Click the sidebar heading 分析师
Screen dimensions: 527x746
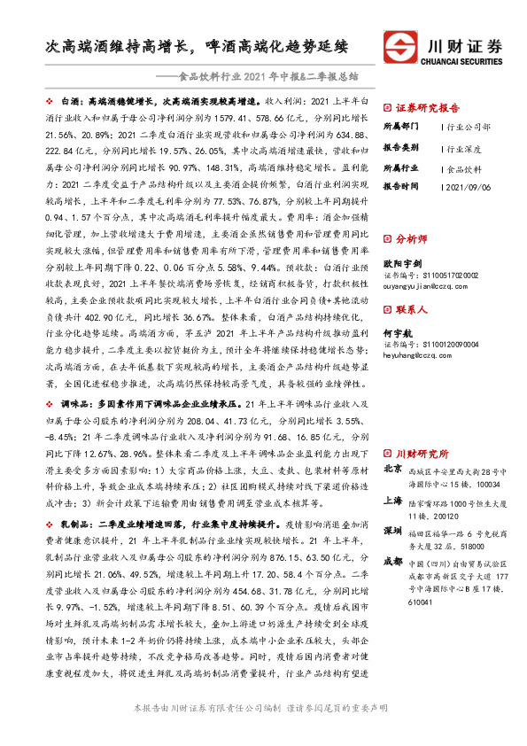click(410, 238)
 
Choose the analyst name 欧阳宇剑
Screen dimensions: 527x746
click(401, 262)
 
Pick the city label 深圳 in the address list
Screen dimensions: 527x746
click(392, 530)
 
